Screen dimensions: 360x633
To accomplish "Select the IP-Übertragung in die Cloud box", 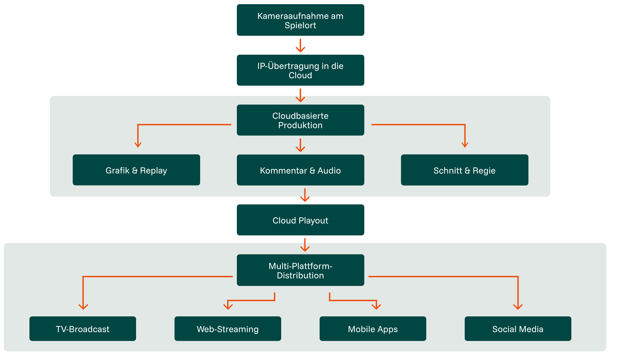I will coord(300,70).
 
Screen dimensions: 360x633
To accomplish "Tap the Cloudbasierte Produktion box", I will coord(300,120).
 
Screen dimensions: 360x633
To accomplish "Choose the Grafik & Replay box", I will coord(136,170).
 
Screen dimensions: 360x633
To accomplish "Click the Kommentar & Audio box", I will coord(300,170).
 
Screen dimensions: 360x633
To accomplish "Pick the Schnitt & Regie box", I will coord(464,170).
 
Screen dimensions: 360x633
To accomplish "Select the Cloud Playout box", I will coord(300,220).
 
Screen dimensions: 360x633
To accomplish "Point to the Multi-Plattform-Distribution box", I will coord(300,270).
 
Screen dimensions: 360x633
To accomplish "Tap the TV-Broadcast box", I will coord(82,328).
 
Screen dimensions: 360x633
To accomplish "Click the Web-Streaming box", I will coord(228,328).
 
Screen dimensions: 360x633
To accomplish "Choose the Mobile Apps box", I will coord(373,328).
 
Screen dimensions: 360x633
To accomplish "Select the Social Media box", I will coord(518,328).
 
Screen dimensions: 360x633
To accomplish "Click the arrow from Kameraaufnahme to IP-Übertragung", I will coord(300,45).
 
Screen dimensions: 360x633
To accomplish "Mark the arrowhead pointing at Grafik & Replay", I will coord(138,145).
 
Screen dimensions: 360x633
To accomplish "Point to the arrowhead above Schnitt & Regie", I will coord(465,145).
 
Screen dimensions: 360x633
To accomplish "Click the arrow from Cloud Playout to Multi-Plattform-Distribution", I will coord(305,245).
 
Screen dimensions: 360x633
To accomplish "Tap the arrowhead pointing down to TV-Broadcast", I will coord(83,306).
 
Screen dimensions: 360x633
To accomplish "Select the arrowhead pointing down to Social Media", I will coord(518,306).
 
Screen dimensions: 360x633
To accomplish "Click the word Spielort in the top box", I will coord(300,25).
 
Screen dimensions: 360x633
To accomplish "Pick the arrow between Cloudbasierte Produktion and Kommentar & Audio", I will coord(300,145).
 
